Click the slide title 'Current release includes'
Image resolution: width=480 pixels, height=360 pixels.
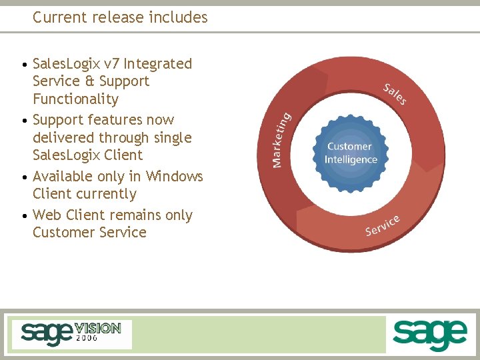pyautogui.click(x=120, y=17)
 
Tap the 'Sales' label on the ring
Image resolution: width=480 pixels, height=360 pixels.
pyautogui.click(x=395, y=93)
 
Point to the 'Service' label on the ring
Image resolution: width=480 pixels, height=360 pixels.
pyautogui.click(x=383, y=225)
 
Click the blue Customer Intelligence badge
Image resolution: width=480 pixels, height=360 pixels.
pyautogui.click(x=351, y=153)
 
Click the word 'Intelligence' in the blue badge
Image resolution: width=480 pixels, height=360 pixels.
pyautogui.click(x=351, y=160)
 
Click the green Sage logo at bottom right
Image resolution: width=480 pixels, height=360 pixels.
pyautogui.click(x=429, y=334)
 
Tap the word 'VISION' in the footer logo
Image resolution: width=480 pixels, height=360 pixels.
pyautogui.click(x=98, y=328)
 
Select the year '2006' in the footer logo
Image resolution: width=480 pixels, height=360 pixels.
pyautogui.click(x=87, y=338)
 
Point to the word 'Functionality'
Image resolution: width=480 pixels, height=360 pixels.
pyautogui.click(x=75, y=99)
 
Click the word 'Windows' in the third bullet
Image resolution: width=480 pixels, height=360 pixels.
pyautogui.click(x=175, y=177)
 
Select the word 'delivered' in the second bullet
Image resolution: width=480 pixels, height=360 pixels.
pyautogui.click(x=63, y=138)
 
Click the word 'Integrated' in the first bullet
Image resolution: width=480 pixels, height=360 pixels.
pyautogui.click(x=158, y=64)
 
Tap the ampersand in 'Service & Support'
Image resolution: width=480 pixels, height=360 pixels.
pyautogui.click(x=91, y=81)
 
